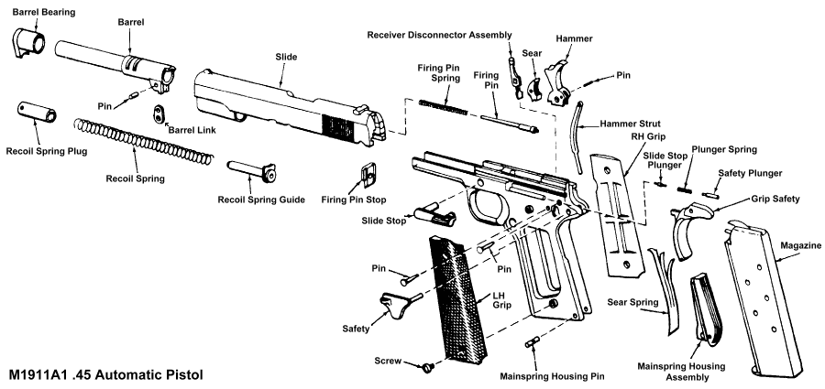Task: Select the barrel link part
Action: (159, 113)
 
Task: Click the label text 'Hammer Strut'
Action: (632, 123)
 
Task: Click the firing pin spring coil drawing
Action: (443, 106)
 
